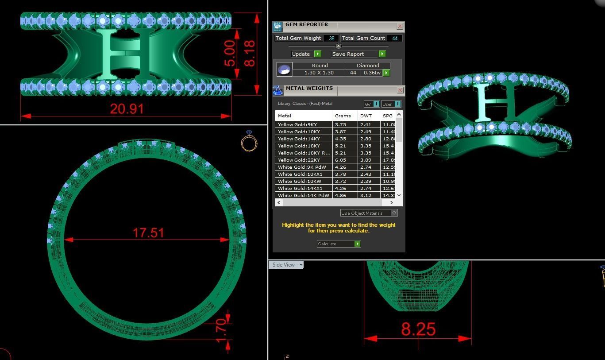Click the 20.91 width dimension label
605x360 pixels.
point(127,109)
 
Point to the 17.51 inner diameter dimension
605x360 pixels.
point(148,233)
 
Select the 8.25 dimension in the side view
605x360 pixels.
point(418,329)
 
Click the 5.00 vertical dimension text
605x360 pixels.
point(230,53)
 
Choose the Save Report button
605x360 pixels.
point(358,54)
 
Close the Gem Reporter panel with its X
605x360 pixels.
point(400,27)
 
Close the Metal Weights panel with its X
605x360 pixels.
point(400,90)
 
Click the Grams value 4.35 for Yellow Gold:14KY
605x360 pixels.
point(340,139)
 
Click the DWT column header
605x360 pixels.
point(366,116)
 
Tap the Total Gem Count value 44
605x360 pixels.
point(394,39)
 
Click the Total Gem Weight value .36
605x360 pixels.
point(331,39)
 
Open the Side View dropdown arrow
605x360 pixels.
point(301,265)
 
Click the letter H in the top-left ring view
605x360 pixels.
point(118,54)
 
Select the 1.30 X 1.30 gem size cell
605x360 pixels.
point(319,73)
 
